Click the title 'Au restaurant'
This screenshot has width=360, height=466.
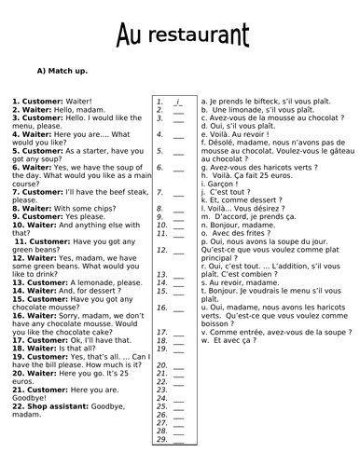[183, 36]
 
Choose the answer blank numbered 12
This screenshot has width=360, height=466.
[177, 250]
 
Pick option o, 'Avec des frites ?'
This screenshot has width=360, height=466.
[232, 232]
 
